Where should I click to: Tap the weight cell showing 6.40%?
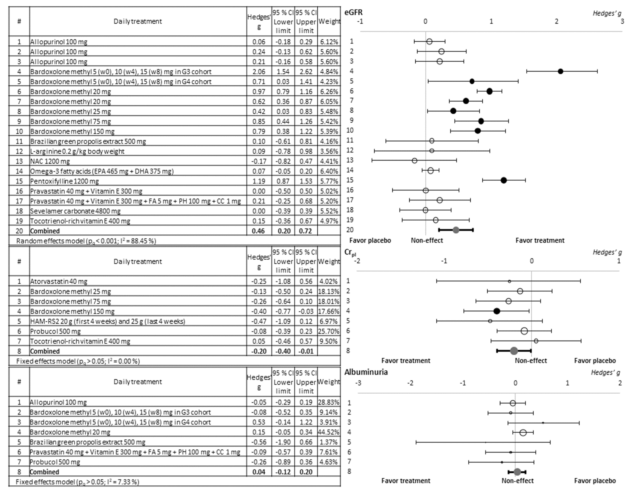pos(329,171)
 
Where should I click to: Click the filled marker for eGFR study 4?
pos(560,71)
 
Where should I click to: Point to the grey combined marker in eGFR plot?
pos(456,230)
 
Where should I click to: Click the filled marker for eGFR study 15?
pos(504,180)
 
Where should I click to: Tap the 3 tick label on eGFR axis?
pos(622,21)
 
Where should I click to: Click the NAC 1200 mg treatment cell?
pos(50,161)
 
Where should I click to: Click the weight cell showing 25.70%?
pos(329,331)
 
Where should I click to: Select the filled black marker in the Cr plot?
pos(497,311)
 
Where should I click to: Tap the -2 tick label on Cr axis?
pos(357,261)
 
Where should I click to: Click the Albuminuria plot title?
pos(366,372)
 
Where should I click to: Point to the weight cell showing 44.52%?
pos(329,432)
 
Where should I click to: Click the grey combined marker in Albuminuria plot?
pos(517,472)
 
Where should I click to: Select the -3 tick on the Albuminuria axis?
pos(358,383)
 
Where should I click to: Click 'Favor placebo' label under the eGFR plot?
pos(370,241)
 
